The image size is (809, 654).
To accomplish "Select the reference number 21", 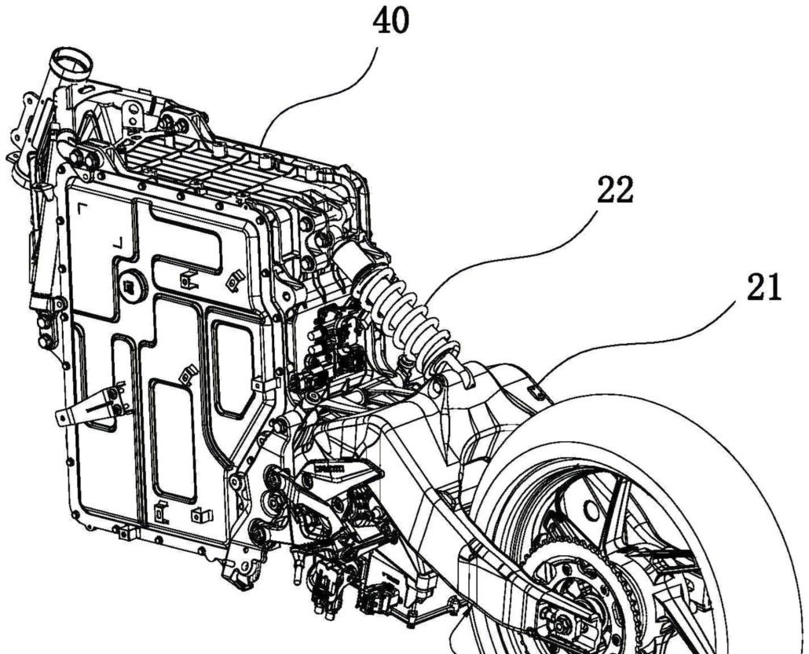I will [763, 288].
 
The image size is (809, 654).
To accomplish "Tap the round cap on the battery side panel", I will [134, 286].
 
